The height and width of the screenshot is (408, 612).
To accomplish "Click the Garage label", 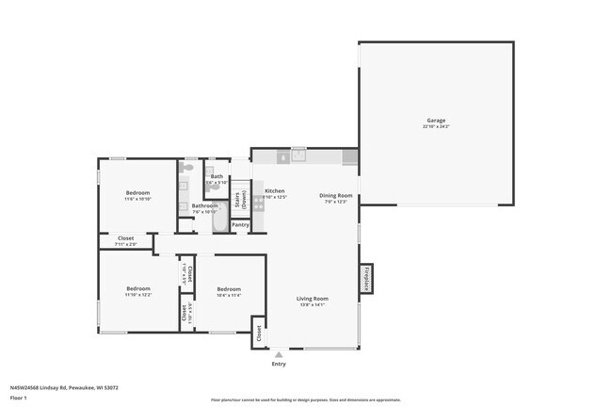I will click(x=436, y=121).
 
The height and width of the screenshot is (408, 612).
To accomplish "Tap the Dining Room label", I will click(x=336, y=195).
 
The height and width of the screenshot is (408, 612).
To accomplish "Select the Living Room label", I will click(x=312, y=299).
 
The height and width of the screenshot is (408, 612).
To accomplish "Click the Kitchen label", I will click(x=274, y=191).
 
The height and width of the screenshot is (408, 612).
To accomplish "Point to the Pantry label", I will click(x=240, y=224).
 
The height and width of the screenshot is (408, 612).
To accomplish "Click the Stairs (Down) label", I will click(x=241, y=198).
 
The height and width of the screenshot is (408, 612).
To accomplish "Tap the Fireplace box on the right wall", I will click(x=365, y=279).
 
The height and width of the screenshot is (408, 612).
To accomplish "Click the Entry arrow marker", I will click(x=278, y=354).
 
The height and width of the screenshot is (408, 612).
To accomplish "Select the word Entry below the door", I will click(x=279, y=364).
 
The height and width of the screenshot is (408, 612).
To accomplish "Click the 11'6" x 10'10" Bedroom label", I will click(x=137, y=193).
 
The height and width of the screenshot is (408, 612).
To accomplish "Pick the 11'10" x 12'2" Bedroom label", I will click(x=138, y=289).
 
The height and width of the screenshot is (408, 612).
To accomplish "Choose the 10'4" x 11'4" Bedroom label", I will click(x=229, y=290).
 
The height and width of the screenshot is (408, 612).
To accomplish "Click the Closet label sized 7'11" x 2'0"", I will click(x=125, y=239).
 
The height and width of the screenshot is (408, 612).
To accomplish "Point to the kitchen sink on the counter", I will click(x=298, y=155).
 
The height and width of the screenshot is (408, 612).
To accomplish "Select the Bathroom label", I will click(x=204, y=205).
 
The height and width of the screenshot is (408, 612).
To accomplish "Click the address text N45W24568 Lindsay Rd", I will click(x=64, y=386).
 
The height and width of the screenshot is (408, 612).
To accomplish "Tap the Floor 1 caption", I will click(x=19, y=399).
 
